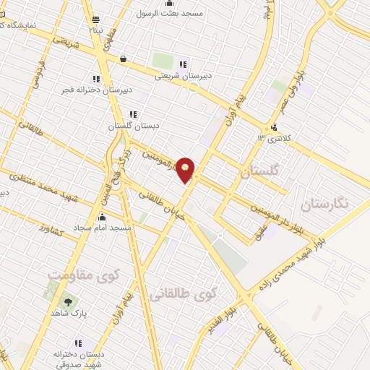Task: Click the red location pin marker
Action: point(186,170)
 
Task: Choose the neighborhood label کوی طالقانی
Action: point(183,294)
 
